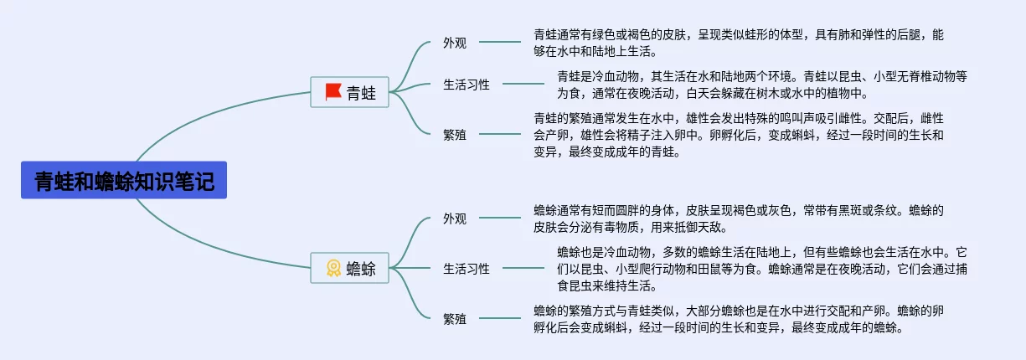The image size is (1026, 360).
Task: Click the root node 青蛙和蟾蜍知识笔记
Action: [124, 180]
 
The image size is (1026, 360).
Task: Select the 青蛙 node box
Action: [349, 92]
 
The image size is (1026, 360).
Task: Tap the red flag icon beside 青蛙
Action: [333, 92]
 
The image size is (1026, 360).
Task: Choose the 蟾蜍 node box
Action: [349, 268]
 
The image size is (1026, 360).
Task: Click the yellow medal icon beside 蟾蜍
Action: [333, 268]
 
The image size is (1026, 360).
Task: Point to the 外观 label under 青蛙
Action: [455, 43]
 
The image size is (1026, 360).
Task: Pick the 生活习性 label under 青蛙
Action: [467, 84]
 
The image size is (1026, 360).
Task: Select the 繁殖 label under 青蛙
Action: [455, 134]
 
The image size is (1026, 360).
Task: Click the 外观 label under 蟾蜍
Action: [455, 219]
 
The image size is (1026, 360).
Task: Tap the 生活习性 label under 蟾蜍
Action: [467, 268]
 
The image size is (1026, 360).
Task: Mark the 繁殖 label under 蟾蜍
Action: [455, 318]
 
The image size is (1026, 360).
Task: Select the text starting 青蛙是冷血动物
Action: [762, 84]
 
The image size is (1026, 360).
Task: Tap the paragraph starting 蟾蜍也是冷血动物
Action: [762, 268]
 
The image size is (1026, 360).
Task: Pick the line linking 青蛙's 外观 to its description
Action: [500, 42]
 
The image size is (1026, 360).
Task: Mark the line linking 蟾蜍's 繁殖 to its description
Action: [500, 318]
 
